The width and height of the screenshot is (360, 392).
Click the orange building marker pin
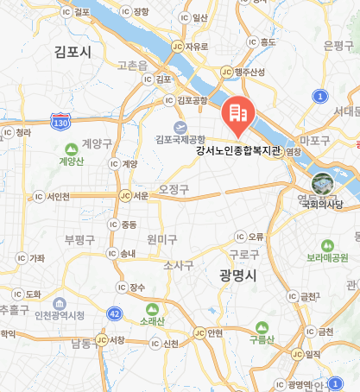(x=237, y=115)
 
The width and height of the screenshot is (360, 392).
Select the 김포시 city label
(x=72, y=52)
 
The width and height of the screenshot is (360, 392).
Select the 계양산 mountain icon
(x=69, y=147)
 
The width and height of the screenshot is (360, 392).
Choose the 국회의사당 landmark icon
(x=321, y=183)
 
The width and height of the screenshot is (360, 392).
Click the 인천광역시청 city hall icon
(x=59, y=304)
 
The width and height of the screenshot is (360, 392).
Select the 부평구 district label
(x=83, y=238)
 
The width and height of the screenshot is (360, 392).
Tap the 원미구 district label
(x=161, y=238)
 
